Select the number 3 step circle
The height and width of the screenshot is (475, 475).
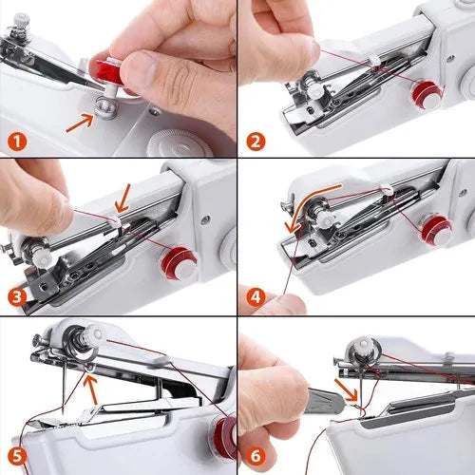click(17, 295)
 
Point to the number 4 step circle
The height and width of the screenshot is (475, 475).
click(256, 295)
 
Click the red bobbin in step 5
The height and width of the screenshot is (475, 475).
click(225, 438)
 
